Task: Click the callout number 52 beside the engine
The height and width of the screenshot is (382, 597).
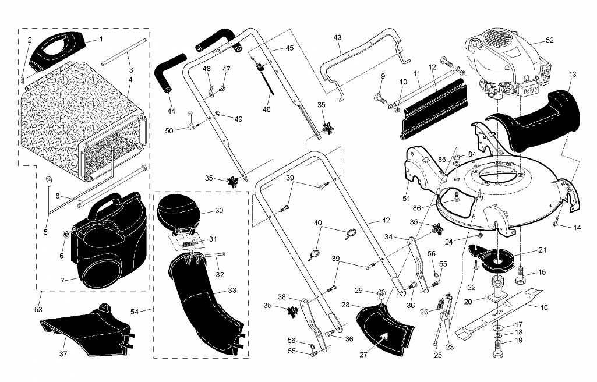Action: pos(549,40)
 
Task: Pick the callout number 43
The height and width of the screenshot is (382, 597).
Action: pos(337,37)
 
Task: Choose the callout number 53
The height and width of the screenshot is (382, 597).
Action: pos(38,309)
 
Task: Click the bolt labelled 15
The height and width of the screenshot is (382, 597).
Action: pos(522,273)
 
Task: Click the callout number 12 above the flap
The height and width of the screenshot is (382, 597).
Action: pos(432,68)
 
